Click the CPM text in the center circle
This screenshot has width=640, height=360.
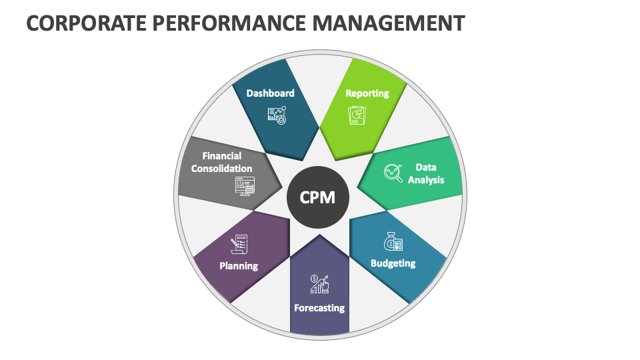point(318,198)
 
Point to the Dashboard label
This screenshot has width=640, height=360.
point(270,93)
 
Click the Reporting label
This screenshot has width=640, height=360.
point(367,93)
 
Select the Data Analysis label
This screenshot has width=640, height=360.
point(425,173)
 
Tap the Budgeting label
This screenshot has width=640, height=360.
point(393,263)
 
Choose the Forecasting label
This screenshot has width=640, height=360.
point(319,308)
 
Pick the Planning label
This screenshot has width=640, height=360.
point(239,265)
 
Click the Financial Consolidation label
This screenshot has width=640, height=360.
point(222,162)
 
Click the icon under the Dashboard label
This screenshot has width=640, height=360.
point(276,115)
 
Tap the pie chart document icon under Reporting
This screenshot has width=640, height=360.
point(357,115)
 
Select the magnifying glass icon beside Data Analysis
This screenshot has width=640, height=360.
point(393,173)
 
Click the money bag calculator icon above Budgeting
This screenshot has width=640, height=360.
point(393,241)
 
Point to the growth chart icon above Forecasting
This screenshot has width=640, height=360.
point(319,284)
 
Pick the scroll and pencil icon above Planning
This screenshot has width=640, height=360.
point(239,244)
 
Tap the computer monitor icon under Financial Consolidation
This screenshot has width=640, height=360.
point(245,185)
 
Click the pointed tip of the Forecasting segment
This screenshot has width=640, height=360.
point(319,235)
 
